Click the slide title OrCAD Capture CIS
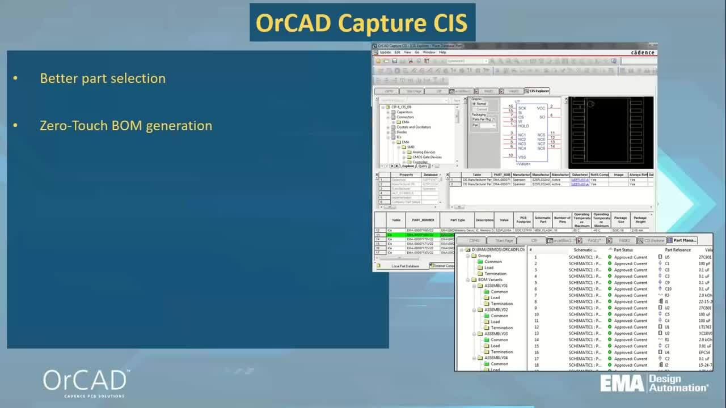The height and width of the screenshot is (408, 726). coord(362,23)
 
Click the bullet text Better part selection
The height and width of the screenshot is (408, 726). coord(103,78)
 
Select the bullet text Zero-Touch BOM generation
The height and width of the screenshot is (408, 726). coord(126,125)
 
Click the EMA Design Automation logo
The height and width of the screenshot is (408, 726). coord(654,383)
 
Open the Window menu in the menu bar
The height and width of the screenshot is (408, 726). coord(429,52)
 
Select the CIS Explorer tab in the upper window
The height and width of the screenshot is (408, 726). coord(538,91)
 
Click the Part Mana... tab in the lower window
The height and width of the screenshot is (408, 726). coord(689,240)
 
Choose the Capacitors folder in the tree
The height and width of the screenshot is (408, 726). coord(404,112)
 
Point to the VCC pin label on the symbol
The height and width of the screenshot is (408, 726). coord(541,108)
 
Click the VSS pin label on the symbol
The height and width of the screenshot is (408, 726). coord(522,157)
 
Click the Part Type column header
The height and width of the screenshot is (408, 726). coord(457,220)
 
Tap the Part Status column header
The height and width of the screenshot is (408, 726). coord(623,250)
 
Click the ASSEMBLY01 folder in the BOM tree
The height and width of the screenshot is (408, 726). coord(496,286)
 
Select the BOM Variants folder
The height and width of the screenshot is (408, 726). coord(489,280)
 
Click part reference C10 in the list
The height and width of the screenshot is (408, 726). coord(668,289)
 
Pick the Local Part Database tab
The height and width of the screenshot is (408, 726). coord(405,266)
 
